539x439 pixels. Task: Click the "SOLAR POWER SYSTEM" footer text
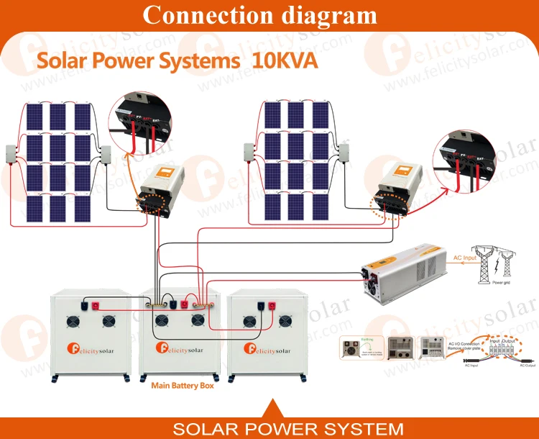coord(269,428)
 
